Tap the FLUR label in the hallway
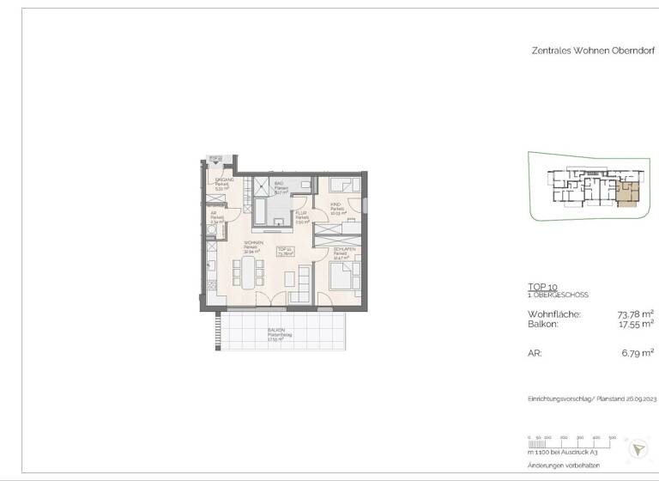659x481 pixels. pyautogui.click(x=300, y=214)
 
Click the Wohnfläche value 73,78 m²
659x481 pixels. pyautogui.click(x=636, y=314)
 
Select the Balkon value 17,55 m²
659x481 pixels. pyautogui.click(x=636, y=325)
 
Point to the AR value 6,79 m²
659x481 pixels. pyautogui.click(x=636, y=352)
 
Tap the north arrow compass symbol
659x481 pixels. pyautogui.click(x=638, y=448)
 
